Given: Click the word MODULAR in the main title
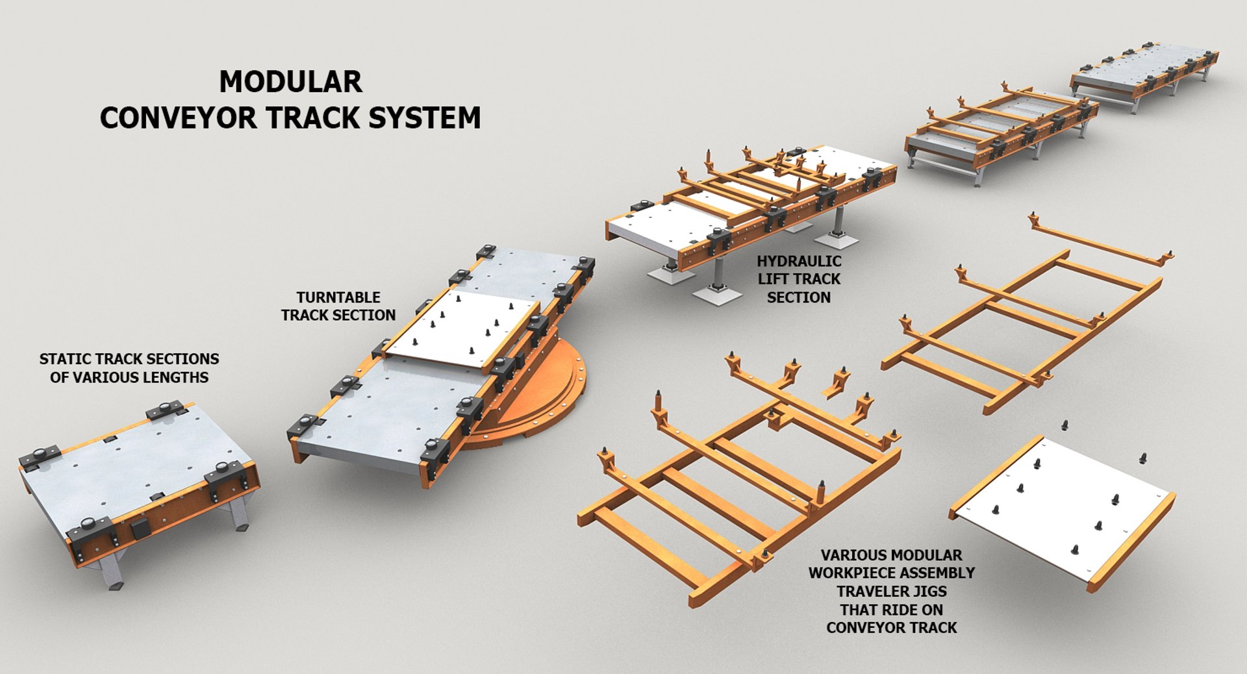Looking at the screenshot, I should [x=290, y=82].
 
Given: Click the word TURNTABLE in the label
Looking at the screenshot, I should [x=338, y=297].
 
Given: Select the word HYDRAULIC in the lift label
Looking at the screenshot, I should [x=798, y=261].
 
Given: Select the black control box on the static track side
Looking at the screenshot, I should [x=140, y=530].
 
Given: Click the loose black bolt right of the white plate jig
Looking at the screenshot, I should [x=1142, y=458].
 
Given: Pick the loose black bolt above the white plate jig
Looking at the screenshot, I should [x=1064, y=425].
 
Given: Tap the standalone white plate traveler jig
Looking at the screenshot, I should [x=1065, y=506].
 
